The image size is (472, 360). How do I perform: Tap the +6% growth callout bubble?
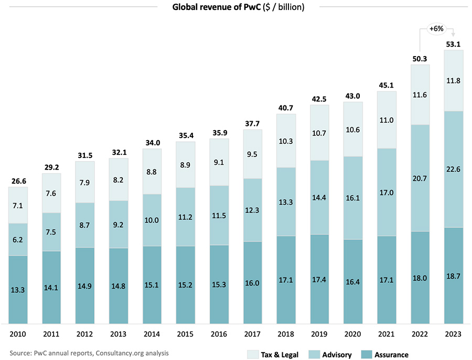[x=436, y=29]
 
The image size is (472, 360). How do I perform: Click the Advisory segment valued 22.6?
[x=453, y=169]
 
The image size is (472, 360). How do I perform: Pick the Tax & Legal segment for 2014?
[x=152, y=171]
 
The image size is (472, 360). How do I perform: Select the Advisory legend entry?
[x=333, y=355]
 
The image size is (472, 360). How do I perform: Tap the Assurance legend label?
[x=391, y=355]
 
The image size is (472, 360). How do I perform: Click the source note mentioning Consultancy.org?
[x=89, y=353]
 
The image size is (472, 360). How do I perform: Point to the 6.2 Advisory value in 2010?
[x=18, y=239]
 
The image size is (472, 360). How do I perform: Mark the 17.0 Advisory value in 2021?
[x=386, y=192]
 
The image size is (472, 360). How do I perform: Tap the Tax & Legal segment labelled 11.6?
[x=420, y=94]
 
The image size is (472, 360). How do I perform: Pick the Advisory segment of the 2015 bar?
[x=186, y=216]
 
